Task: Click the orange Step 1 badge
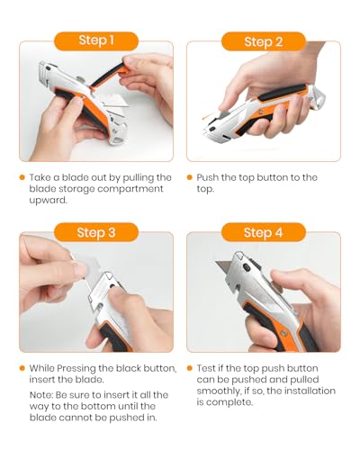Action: [96, 41]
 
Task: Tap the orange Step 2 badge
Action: [264, 41]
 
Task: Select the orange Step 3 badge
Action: [96, 232]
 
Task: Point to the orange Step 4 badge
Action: [264, 232]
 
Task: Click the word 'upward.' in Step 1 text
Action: [48, 201]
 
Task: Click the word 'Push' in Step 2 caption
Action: [207, 177]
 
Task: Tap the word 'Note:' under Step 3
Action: [41, 395]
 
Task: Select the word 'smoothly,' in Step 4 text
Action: [219, 391]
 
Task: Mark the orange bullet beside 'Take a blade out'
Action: [22, 177]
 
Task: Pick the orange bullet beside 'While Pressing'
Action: [22, 368]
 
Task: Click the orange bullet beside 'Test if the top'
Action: [189, 368]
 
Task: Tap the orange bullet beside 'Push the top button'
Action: [189, 177]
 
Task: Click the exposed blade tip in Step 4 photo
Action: [216, 263]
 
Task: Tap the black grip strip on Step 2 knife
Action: [282, 93]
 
